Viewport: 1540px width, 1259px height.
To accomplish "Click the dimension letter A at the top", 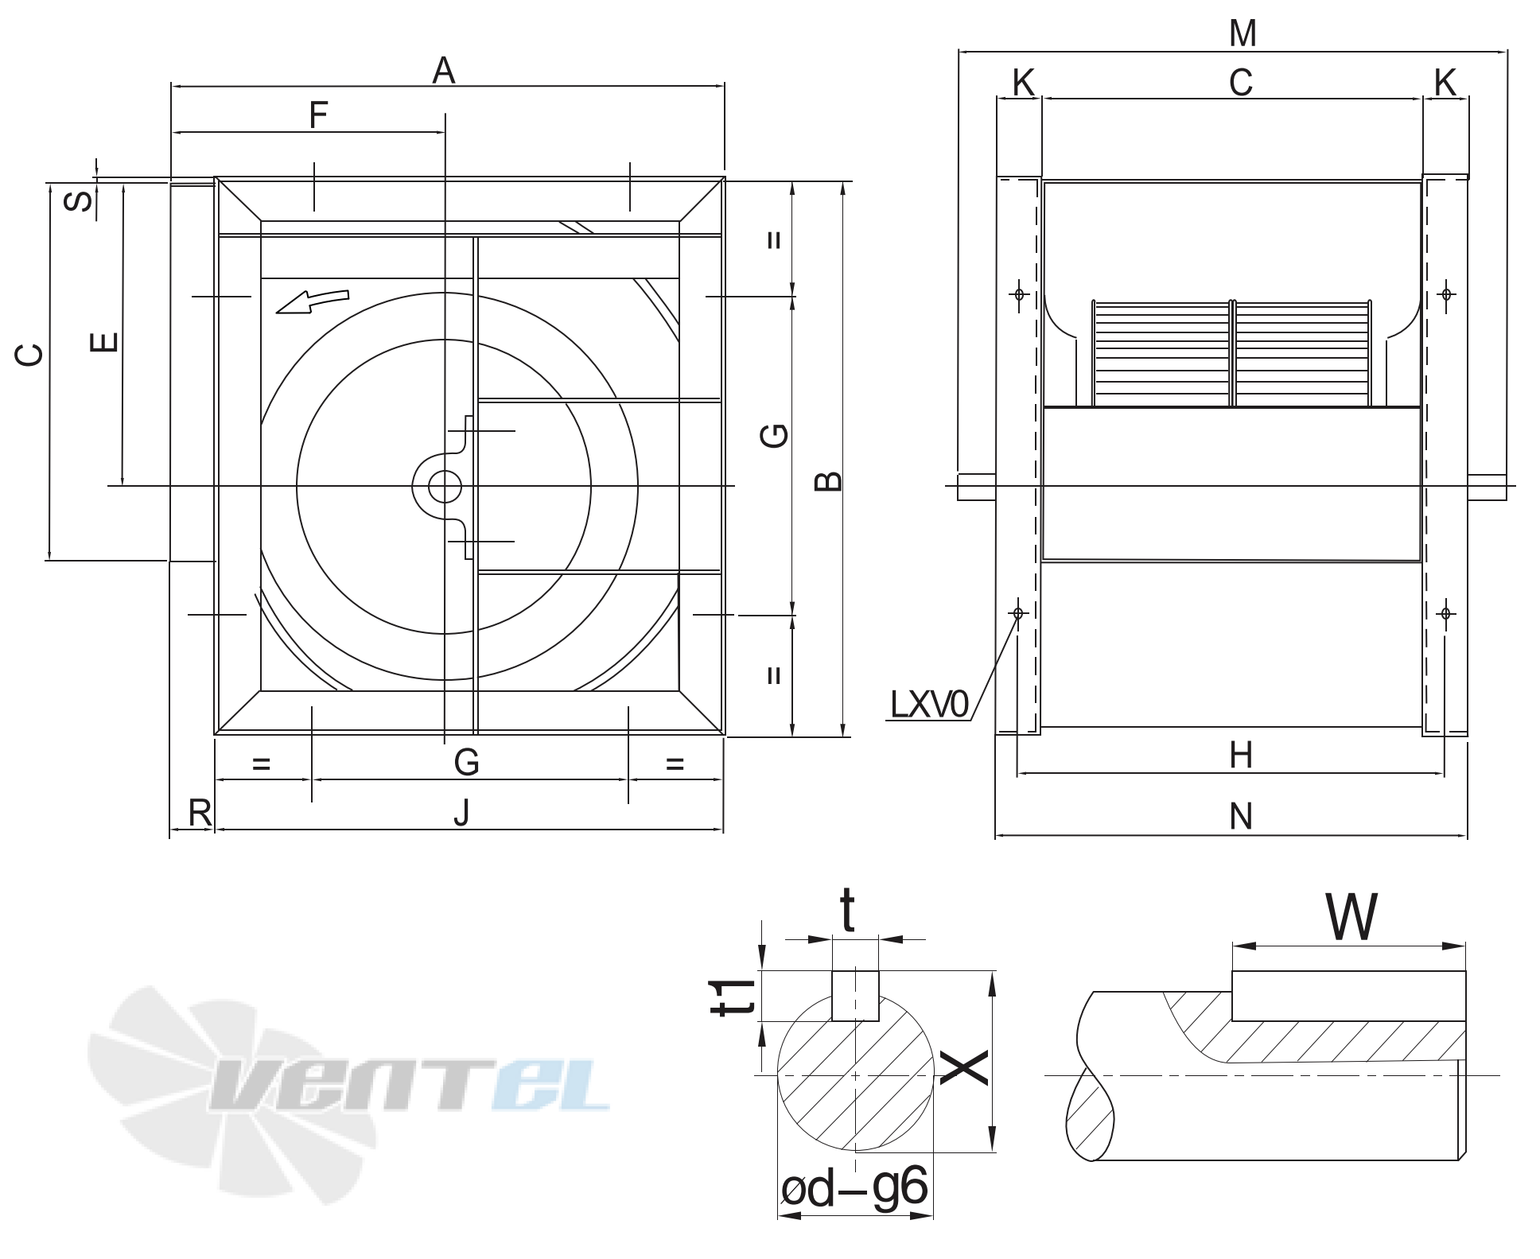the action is click(x=444, y=71).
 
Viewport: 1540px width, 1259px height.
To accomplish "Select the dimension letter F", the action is click(x=318, y=115).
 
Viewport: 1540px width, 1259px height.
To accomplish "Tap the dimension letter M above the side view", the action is click(x=1242, y=33).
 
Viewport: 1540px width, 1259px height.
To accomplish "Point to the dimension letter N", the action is click(x=1241, y=817).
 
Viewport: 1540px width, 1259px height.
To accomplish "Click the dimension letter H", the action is click(x=1241, y=756).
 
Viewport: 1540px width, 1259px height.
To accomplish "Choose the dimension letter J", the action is click(x=461, y=813).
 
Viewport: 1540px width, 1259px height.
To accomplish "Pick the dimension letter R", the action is click(x=200, y=813).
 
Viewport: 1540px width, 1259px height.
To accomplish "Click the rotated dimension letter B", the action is click(x=828, y=481).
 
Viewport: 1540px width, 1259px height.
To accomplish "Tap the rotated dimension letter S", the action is click(x=78, y=200).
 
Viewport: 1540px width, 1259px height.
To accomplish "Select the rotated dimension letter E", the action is click(x=104, y=342).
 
